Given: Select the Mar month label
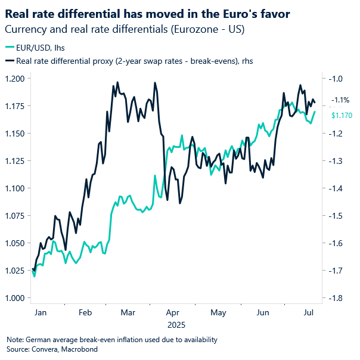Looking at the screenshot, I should (x=128, y=312).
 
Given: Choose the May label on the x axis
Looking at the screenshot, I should (x=219, y=312).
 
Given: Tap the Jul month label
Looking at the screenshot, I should (x=308, y=312).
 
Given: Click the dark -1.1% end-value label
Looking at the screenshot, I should (x=342, y=100).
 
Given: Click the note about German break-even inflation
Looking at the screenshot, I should (x=112, y=340).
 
